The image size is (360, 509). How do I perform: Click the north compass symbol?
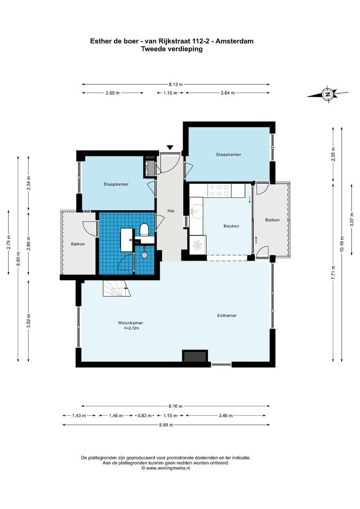pyautogui.click(x=327, y=94)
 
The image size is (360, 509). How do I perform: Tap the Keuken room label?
pyautogui.click(x=231, y=226)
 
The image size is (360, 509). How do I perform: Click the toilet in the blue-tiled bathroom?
pyautogui.click(x=145, y=230)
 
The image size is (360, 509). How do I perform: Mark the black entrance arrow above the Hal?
pyautogui.click(x=170, y=148)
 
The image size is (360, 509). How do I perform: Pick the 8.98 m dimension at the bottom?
pyautogui.click(x=166, y=425)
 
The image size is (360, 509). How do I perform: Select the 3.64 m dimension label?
pyautogui.click(x=228, y=93)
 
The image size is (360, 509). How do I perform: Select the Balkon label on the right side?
pyautogui.click(x=272, y=220)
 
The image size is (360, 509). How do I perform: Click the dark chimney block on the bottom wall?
pyautogui.click(x=195, y=356)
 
